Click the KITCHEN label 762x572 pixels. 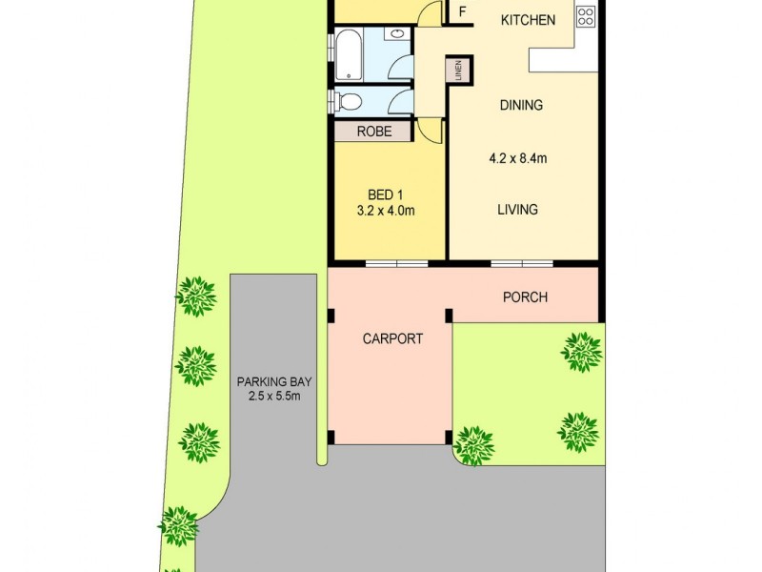[528, 20]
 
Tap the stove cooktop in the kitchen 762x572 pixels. [586, 15]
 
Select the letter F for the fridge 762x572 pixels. [463, 12]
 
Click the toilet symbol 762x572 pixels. [347, 102]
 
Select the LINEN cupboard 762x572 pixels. [458, 71]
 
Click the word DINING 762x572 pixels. [521, 105]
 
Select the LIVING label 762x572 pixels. [517, 210]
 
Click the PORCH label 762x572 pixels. [525, 296]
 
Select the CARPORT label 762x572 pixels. [391, 338]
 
